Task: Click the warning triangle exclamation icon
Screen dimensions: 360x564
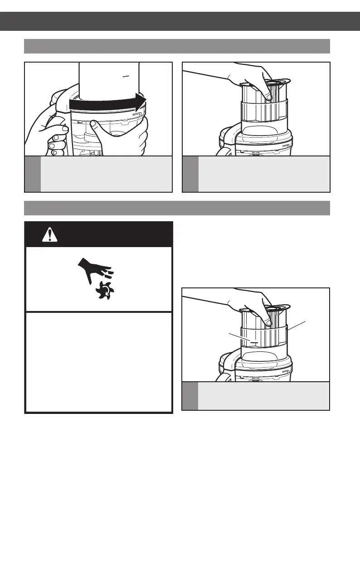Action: (47, 234)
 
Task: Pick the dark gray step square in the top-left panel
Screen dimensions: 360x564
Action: (33, 174)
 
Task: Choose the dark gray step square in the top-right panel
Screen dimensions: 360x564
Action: (190, 174)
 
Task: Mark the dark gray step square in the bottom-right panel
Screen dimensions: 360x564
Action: (190, 396)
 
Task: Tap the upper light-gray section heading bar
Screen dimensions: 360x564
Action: (177, 46)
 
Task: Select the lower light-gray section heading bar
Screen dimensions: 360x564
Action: (177, 208)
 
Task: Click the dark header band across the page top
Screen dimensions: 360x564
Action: (180, 21)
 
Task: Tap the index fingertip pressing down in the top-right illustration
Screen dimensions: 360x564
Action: (269, 97)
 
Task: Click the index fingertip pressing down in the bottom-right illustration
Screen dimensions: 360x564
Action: (268, 323)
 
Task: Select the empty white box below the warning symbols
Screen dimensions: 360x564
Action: (98, 362)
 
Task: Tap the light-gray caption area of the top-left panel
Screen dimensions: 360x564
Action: (106, 174)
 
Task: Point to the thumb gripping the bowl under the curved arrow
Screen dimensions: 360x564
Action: (94, 125)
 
